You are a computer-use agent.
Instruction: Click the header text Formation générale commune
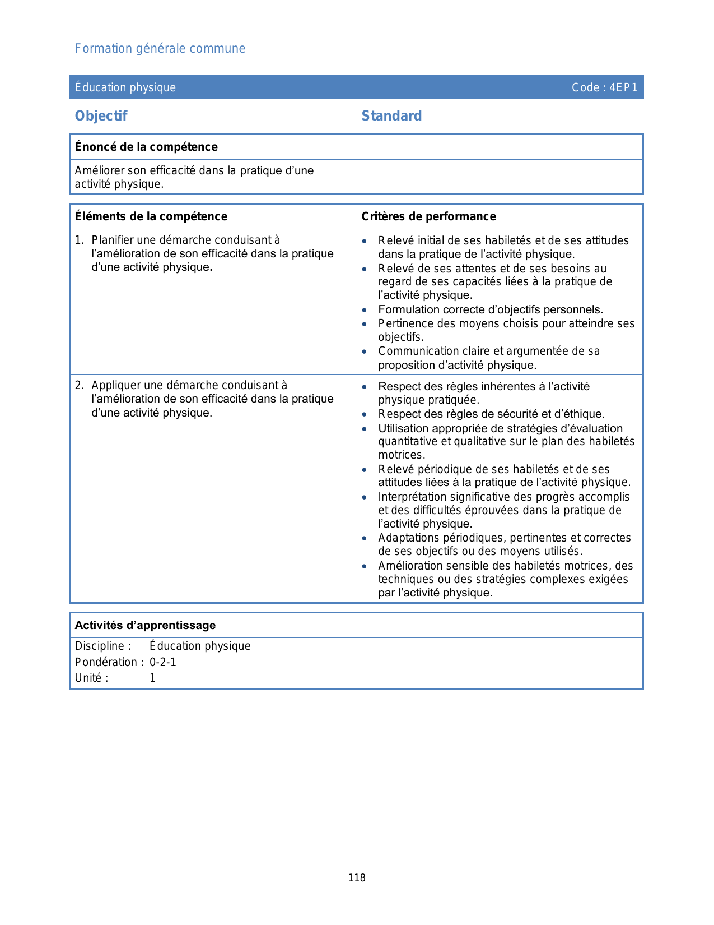pyautogui.click(x=160, y=49)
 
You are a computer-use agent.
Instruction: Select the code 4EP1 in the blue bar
pyautogui.click(x=623, y=87)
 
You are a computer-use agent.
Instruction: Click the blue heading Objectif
pyautogui.click(x=101, y=116)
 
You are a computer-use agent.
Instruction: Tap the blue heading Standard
pyautogui.click(x=391, y=116)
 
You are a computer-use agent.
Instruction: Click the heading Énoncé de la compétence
pyautogui.click(x=146, y=147)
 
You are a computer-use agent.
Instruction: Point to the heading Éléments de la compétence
pyautogui.click(x=151, y=216)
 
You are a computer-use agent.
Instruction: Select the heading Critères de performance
pyautogui.click(x=428, y=216)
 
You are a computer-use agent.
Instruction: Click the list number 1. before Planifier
pyautogui.click(x=80, y=240)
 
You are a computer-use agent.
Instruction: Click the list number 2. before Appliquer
pyautogui.click(x=80, y=386)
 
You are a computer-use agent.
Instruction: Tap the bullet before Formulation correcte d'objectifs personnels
pyautogui.click(x=365, y=310)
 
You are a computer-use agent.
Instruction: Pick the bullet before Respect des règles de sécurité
pyautogui.click(x=365, y=415)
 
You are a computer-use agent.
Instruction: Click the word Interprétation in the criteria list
pyautogui.click(x=413, y=497)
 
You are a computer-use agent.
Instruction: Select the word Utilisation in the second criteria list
pyautogui.click(x=404, y=429)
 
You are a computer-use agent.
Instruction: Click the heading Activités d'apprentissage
pyautogui.click(x=145, y=625)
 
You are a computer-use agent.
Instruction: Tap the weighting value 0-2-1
pyautogui.click(x=163, y=663)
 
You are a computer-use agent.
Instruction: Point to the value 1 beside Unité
pyautogui.click(x=152, y=678)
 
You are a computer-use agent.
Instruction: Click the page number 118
pyautogui.click(x=357, y=878)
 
